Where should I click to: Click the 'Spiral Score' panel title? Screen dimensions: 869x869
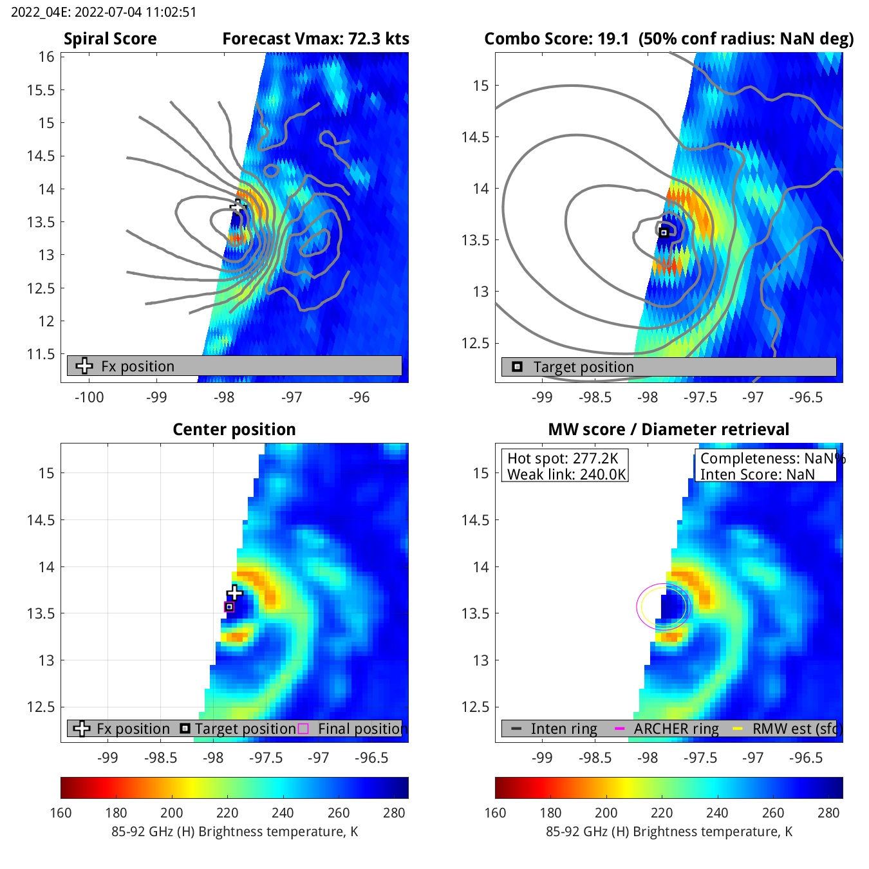110,39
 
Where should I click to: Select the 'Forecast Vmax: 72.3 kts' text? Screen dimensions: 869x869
315,39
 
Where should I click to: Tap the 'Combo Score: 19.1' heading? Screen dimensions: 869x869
556,39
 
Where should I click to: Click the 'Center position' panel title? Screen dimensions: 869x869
234,429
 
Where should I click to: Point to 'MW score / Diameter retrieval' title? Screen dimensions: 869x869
668,429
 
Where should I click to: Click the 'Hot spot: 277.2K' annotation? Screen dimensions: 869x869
563,458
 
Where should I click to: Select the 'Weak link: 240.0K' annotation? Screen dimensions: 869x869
566,474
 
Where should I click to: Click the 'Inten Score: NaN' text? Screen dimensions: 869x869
757,474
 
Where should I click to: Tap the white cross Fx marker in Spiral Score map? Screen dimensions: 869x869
238,207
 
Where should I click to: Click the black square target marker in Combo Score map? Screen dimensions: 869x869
664,232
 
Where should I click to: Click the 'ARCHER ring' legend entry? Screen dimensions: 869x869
676,729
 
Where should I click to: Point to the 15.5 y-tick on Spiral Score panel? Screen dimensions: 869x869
41,90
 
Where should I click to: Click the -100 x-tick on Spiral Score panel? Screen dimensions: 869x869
89,397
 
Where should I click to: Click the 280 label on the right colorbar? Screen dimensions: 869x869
828,812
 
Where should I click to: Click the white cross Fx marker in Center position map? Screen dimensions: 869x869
234,592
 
